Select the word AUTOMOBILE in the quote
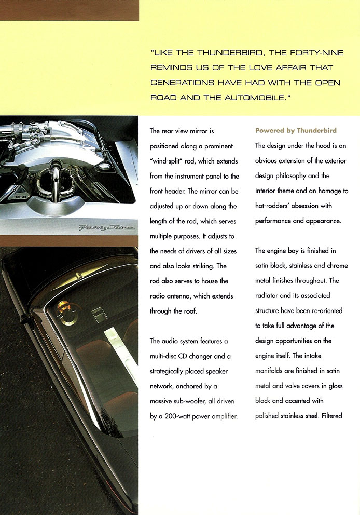click(258, 97)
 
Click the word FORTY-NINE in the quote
click(311, 52)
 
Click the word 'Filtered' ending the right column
click(330, 416)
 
